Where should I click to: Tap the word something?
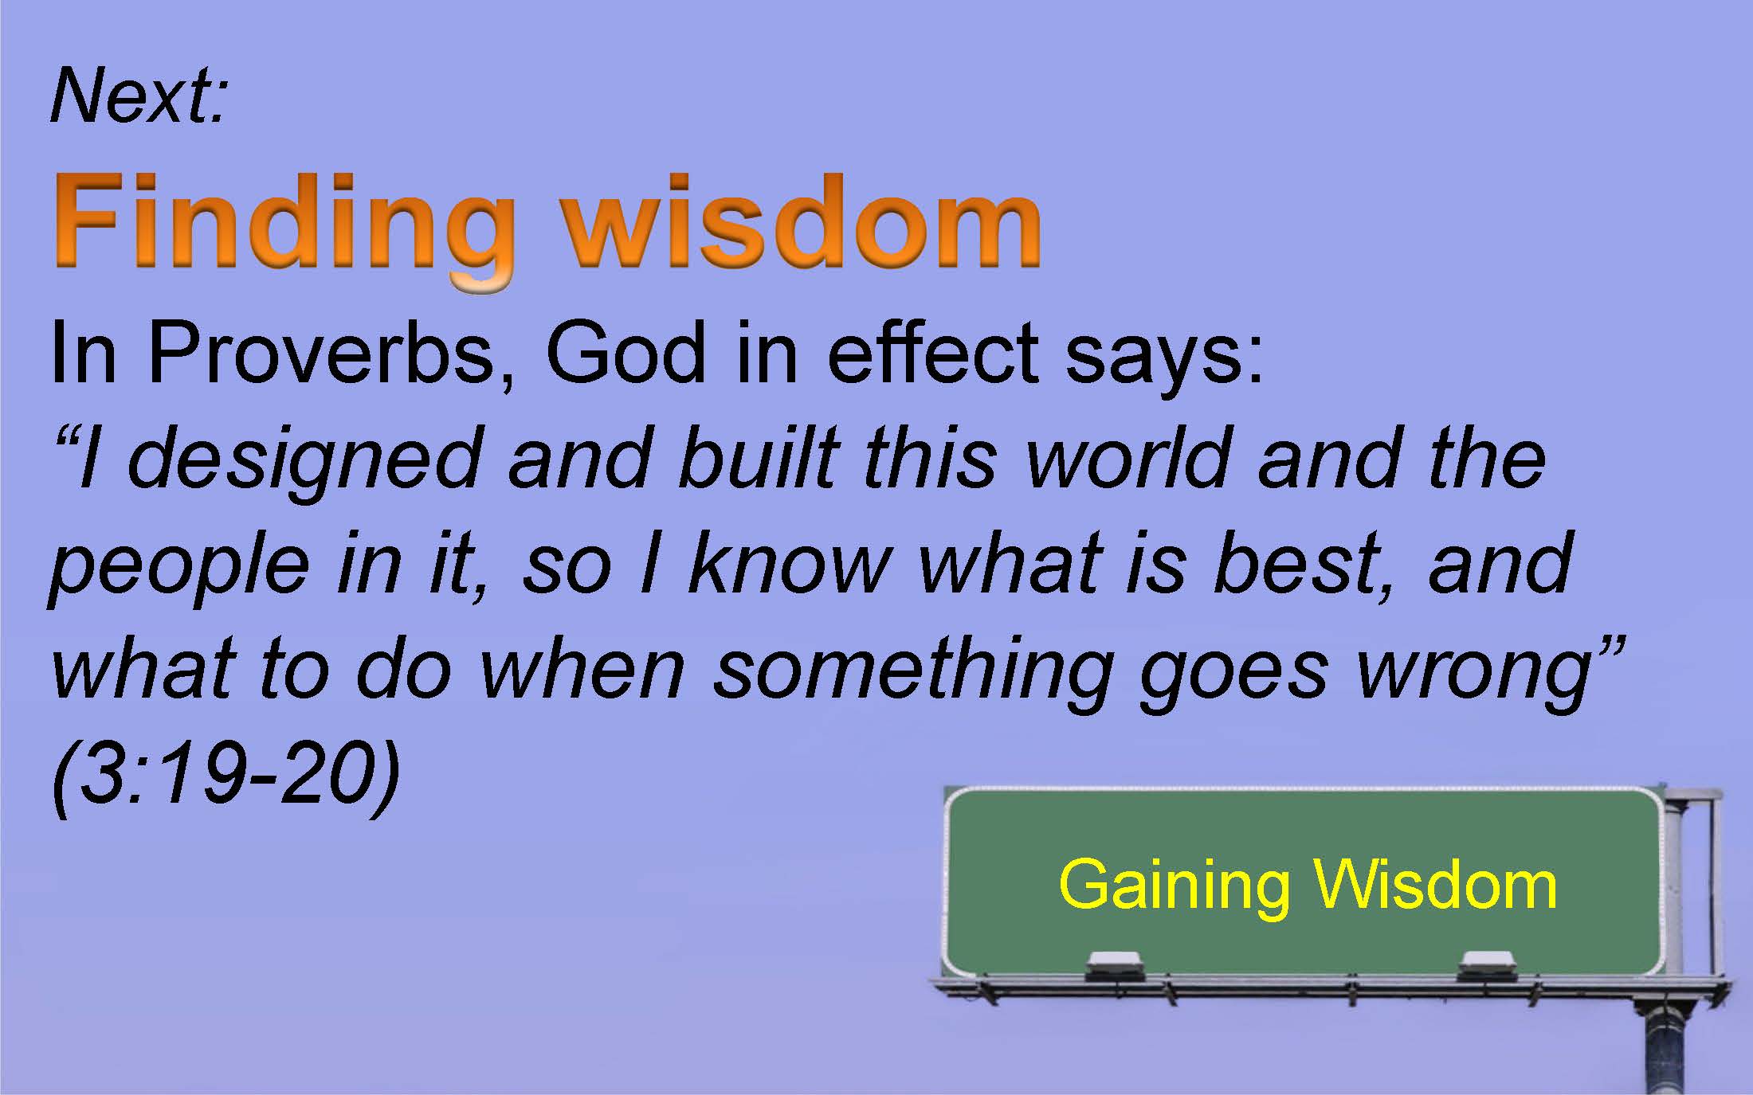click(912, 674)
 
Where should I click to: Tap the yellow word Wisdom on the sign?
click(1435, 886)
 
